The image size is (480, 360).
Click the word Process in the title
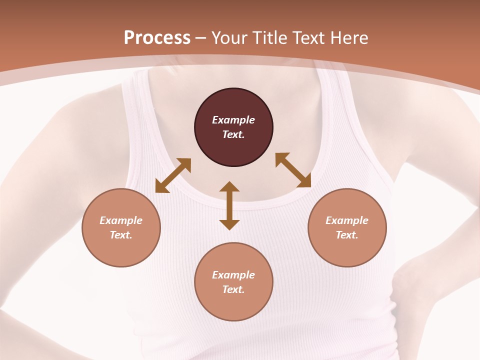(x=157, y=38)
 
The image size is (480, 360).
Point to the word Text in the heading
(x=309, y=38)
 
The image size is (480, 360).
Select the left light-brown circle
(x=121, y=227)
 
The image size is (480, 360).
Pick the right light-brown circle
(x=347, y=227)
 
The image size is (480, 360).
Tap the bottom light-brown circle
(x=233, y=281)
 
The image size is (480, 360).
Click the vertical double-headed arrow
(x=229, y=205)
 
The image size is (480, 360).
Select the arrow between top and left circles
(x=173, y=175)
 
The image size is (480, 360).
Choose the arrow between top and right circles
(x=293, y=170)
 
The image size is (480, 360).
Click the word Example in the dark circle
(x=233, y=120)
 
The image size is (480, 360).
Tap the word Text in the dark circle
(x=233, y=134)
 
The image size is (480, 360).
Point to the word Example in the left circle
(x=121, y=220)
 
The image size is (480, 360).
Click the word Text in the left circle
(x=121, y=235)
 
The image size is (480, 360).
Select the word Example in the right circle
(x=347, y=220)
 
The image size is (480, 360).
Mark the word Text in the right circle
(x=347, y=235)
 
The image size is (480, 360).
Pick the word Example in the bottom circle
(x=233, y=275)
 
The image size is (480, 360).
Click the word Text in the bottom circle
(x=233, y=289)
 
